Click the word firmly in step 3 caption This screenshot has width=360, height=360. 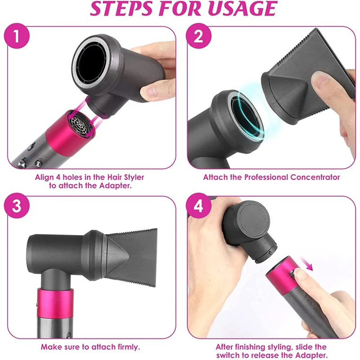click(127, 347)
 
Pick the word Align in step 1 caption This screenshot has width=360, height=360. click(45, 177)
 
